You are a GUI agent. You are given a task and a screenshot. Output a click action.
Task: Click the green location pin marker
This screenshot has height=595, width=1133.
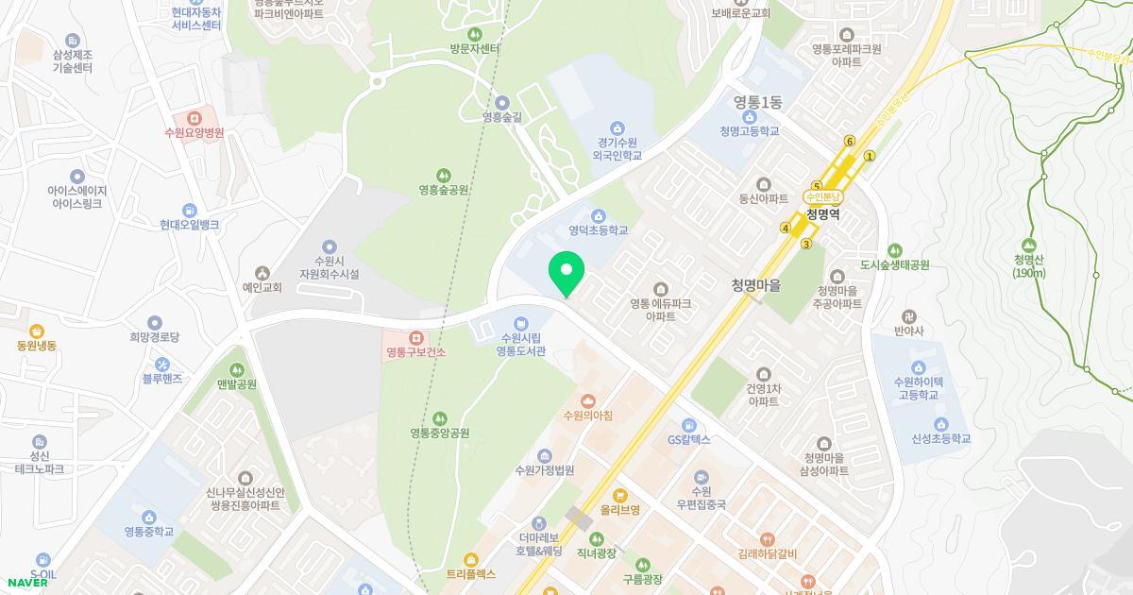tap(566, 275)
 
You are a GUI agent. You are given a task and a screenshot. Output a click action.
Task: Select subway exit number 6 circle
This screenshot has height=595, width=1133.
tap(850, 142)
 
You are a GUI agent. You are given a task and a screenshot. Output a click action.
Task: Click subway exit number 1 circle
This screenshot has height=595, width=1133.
tap(870, 157)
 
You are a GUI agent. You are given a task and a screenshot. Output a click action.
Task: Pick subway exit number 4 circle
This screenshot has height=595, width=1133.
tap(785, 228)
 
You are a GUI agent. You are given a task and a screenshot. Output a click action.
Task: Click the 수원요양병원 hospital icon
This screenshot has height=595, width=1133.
tap(194, 118)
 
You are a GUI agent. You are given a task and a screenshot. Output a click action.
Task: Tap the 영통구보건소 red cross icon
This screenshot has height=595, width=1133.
tap(415, 337)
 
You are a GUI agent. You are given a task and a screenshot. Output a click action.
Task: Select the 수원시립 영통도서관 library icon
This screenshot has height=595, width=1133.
tap(521, 325)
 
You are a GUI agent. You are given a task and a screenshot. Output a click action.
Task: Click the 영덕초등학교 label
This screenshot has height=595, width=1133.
tap(598, 229)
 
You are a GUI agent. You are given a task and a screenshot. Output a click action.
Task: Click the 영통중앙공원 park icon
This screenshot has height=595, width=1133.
tap(439, 418)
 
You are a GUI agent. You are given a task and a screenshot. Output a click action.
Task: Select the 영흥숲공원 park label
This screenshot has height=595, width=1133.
tap(444, 190)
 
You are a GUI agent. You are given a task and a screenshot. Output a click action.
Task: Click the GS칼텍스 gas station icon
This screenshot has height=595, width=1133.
tap(689, 425)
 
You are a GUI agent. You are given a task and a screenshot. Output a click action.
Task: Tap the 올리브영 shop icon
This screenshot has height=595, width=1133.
tap(620, 495)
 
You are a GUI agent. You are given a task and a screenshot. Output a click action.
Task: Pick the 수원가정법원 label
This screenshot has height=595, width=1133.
tap(545, 470)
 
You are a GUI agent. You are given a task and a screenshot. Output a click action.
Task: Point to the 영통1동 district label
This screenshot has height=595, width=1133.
tap(758, 102)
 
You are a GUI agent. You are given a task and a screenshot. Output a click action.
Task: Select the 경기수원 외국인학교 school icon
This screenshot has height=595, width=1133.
tap(617, 127)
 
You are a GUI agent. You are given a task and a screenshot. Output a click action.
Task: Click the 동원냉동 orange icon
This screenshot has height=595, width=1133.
tap(36, 331)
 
